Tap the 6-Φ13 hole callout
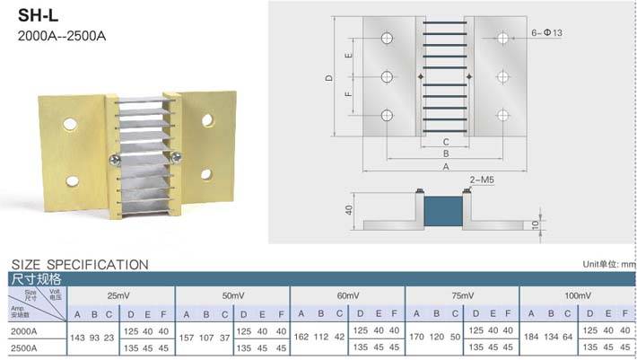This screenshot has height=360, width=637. pyautogui.click(x=548, y=32)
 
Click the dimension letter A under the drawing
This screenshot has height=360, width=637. pyautogui.click(x=445, y=166)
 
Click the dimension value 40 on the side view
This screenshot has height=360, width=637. pyautogui.click(x=344, y=210)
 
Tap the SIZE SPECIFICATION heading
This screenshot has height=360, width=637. pyautogui.click(x=79, y=265)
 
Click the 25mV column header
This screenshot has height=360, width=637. pyautogui.click(x=118, y=295)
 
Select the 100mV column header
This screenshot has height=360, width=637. pyautogui.click(x=576, y=295)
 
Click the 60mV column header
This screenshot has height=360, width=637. pyautogui.click(x=347, y=295)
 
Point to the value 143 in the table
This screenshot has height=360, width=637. pyautogui.click(x=77, y=338)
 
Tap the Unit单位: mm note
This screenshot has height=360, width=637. pyautogui.click(x=608, y=265)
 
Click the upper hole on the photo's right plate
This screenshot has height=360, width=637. pyautogui.click(x=207, y=119)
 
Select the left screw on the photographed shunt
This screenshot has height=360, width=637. pyautogui.click(x=114, y=161)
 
